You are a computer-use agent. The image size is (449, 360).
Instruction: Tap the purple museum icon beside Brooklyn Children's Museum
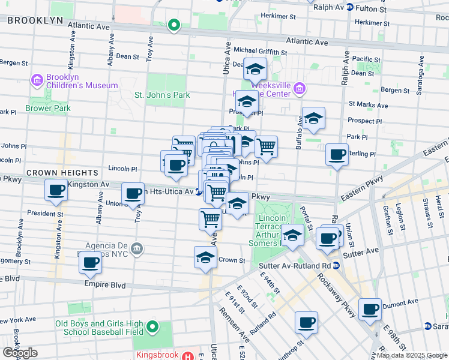point(36,80)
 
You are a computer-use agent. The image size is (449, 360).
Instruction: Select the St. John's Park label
point(161,95)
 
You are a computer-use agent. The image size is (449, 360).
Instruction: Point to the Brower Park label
point(48,109)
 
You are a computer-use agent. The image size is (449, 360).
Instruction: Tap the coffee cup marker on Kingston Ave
point(56,191)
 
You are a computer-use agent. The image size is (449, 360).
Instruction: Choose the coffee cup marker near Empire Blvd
point(91,262)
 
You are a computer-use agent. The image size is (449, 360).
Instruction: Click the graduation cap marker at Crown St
point(205,258)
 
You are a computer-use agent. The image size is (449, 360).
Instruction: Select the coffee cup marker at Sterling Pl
point(337,155)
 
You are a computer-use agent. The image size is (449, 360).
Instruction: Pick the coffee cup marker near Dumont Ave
point(370,310)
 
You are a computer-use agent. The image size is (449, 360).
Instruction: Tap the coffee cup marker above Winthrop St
point(306,323)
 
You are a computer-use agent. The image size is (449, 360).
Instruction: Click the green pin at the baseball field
point(152,327)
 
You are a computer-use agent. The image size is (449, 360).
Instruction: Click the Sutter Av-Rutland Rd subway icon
point(337,265)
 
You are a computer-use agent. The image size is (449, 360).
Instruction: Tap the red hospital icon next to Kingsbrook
point(190,355)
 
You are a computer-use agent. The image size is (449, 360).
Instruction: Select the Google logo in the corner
point(20,352)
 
